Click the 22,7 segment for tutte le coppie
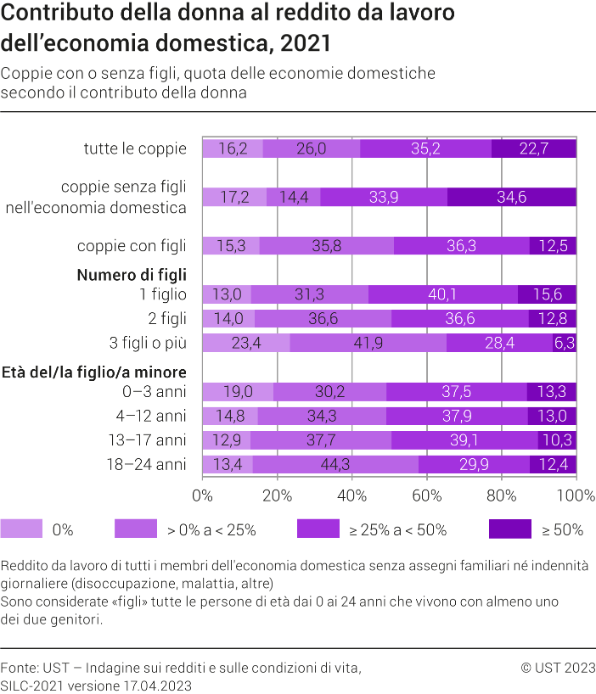pyautogui.click(x=533, y=148)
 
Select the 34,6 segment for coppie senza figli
pyautogui.click(x=511, y=197)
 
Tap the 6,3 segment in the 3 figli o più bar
pyautogui.click(x=565, y=343)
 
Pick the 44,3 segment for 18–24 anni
pyautogui.click(x=335, y=464)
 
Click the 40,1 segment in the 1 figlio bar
pyautogui.click(x=442, y=294)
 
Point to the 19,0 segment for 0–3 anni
pyautogui.click(x=238, y=391)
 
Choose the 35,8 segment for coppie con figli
pyautogui.click(x=327, y=246)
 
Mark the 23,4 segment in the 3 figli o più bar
pyautogui.click(x=246, y=343)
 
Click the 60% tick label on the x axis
pyautogui.click(x=426, y=495)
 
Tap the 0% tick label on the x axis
pyautogui.click(x=203, y=495)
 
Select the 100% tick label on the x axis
pyautogui.click(x=576, y=495)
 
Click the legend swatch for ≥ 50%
pyautogui.click(x=510, y=529)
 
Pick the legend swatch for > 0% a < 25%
pyautogui.click(x=136, y=529)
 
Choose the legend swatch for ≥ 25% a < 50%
pyautogui.click(x=318, y=529)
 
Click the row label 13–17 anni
pyautogui.click(x=153, y=439)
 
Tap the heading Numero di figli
pyautogui.click(x=132, y=275)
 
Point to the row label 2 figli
pyautogui.click(x=165, y=318)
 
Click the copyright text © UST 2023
pyautogui.click(x=558, y=668)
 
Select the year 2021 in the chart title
pyautogui.click(x=305, y=42)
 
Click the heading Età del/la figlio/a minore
pyautogui.click(x=95, y=372)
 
